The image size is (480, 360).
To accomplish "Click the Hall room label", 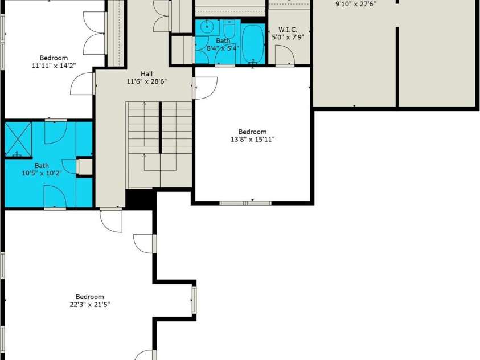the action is tap(147, 74).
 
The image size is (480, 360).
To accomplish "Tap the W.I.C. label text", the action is tap(288, 30).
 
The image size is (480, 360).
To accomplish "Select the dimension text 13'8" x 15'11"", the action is tap(253, 140).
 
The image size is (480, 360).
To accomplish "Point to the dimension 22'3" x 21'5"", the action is tap(90, 305).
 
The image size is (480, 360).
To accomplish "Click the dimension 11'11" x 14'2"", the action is tap(54, 66).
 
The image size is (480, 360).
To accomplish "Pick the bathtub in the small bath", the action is tap(253, 44).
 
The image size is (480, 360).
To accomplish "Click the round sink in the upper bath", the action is tap(208, 27).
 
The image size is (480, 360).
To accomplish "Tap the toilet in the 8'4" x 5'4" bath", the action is tap(229, 28).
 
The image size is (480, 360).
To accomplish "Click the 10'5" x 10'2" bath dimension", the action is tap(42, 173).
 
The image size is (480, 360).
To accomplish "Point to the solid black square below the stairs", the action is tap(139, 199).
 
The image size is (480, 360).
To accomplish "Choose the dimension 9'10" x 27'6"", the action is tap(356, 5).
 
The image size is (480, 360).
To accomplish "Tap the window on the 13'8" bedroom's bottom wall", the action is tap(245, 203).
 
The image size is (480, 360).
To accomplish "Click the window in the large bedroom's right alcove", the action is tap(194, 300).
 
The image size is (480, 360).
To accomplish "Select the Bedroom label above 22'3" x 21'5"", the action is tap(90, 297).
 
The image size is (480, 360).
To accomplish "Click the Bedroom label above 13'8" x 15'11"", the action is tap(253, 132).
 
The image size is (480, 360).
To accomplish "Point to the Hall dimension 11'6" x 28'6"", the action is tap(147, 81).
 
